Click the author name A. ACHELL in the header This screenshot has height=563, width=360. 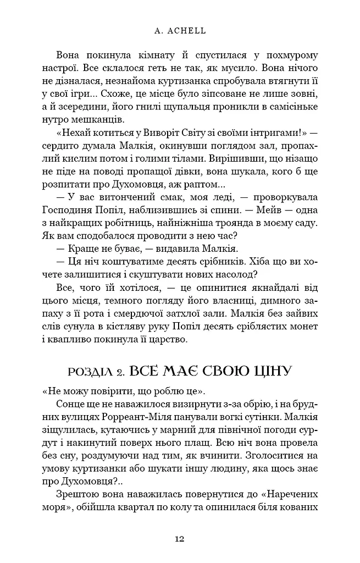180,31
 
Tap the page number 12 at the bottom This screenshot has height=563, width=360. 180,539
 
